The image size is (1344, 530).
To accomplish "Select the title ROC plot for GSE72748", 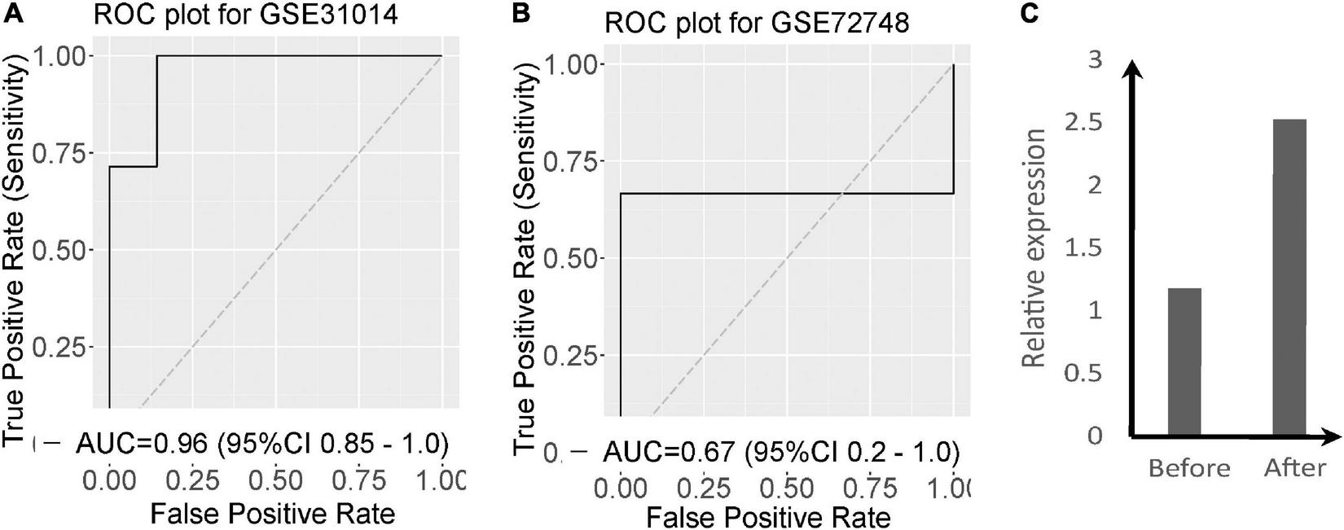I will pyautogui.click(x=757, y=24).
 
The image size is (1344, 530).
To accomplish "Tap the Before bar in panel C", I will pyautogui.click(x=1184, y=361).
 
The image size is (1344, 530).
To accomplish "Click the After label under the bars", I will pyautogui.click(x=1295, y=468).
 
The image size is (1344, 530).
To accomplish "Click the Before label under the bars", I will pyautogui.click(x=1189, y=468).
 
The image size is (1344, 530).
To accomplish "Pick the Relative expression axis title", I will pyautogui.click(x=1034, y=248).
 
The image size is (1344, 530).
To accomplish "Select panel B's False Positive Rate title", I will pyautogui.click(x=769, y=517).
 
